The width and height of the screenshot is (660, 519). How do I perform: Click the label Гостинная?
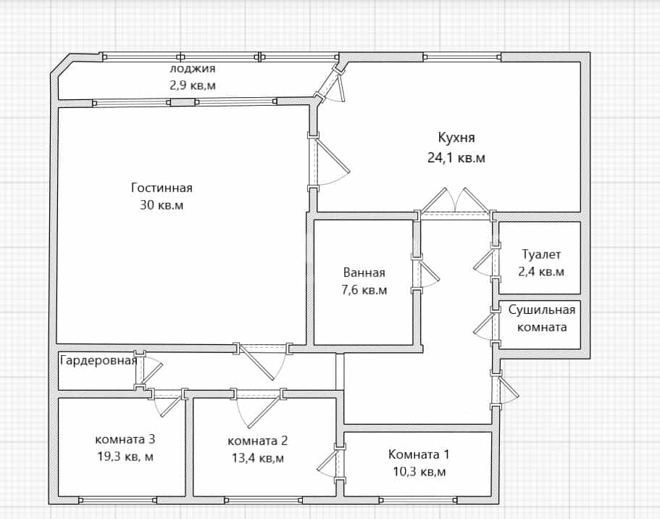162,188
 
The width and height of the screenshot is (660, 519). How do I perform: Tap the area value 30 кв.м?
162,205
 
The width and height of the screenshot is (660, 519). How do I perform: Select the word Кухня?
456,138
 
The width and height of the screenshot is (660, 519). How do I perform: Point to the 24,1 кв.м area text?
456,158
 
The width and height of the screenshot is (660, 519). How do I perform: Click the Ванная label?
364,273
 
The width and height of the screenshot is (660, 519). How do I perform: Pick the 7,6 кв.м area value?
364,290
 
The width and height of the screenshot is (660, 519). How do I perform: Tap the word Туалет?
541,255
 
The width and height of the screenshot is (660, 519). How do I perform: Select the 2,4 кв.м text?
541,272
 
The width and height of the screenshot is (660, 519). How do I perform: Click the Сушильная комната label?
542,318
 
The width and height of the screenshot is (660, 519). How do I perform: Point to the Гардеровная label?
99,360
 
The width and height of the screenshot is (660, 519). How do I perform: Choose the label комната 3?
125,439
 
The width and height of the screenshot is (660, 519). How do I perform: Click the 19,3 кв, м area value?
125,457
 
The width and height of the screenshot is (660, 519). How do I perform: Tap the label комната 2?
258,441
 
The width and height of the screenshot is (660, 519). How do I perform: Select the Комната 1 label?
419,454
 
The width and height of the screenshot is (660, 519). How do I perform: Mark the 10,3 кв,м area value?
419,471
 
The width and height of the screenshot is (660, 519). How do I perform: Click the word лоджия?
193,68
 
